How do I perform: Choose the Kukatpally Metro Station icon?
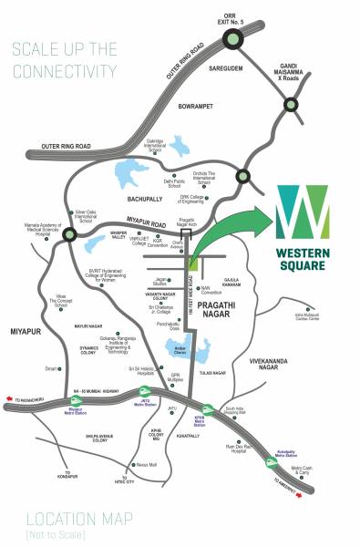pos(272,462)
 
